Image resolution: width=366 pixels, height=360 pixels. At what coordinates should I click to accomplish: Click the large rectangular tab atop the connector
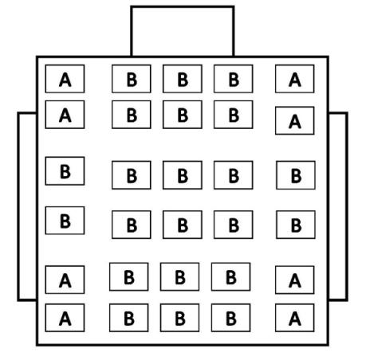[x=183, y=31]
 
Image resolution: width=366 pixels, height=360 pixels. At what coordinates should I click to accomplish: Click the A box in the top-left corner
[x=65, y=79]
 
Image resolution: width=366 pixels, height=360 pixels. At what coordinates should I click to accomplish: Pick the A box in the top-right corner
[x=295, y=79]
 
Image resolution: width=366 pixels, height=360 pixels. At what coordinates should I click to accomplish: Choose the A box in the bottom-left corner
[x=65, y=318]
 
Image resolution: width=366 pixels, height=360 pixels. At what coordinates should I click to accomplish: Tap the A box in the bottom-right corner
[x=295, y=318]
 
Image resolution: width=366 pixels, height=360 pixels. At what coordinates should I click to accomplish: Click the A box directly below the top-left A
[x=65, y=115]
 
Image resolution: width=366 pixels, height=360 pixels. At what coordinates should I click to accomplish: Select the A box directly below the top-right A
[x=295, y=120]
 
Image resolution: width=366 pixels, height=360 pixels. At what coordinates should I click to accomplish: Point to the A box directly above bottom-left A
[x=65, y=280]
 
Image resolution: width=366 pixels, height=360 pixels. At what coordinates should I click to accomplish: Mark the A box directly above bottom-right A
[x=295, y=280]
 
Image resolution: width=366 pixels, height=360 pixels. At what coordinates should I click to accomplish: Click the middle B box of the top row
[x=183, y=79]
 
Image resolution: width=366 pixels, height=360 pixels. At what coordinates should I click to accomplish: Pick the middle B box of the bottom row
[x=179, y=318]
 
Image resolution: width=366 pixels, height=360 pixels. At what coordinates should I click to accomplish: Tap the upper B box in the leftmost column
[x=65, y=171]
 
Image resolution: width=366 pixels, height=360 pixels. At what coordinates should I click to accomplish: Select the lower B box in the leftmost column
[x=65, y=221]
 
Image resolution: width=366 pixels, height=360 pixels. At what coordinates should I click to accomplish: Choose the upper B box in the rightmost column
[x=296, y=175]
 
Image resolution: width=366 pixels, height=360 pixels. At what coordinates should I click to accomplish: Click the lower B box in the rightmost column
[x=296, y=225]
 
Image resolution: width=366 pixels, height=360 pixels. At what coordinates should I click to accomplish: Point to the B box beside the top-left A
[x=132, y=79]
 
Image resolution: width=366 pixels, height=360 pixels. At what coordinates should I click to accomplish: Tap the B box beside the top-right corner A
[x=234, y=79]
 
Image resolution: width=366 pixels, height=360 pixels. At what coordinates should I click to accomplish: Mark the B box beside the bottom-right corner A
[x=230, y=318]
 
